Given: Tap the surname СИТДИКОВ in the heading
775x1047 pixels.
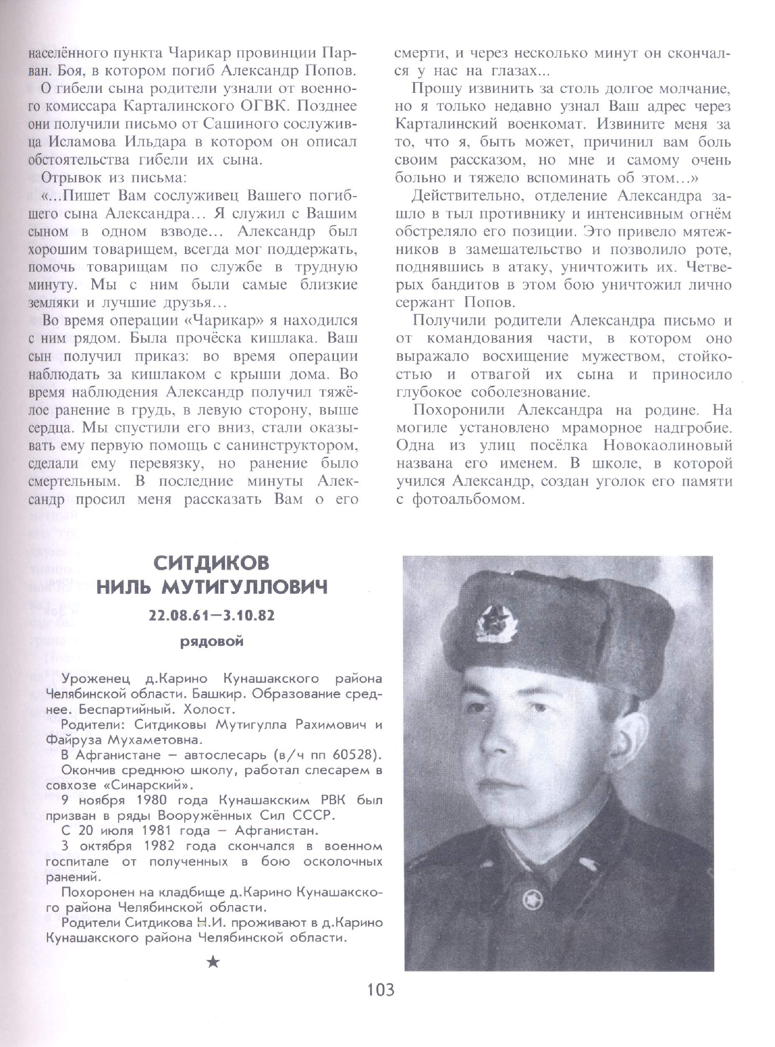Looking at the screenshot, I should (x=212, y=563).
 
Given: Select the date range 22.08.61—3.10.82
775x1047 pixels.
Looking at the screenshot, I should (x=212, y=615).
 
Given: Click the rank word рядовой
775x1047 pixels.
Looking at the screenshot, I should (x=212, y=641).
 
